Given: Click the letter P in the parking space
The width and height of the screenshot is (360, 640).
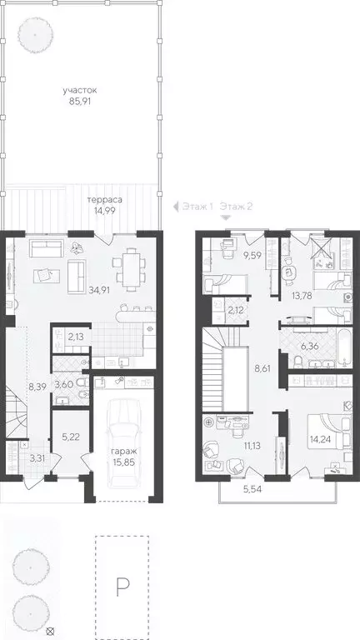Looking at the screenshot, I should pos(122,589).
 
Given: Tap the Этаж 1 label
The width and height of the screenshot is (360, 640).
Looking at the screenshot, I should pos(198,207).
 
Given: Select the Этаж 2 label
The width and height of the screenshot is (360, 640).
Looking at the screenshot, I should pos(237,207).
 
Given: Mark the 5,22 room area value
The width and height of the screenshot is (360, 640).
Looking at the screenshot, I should pos(70,437).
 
